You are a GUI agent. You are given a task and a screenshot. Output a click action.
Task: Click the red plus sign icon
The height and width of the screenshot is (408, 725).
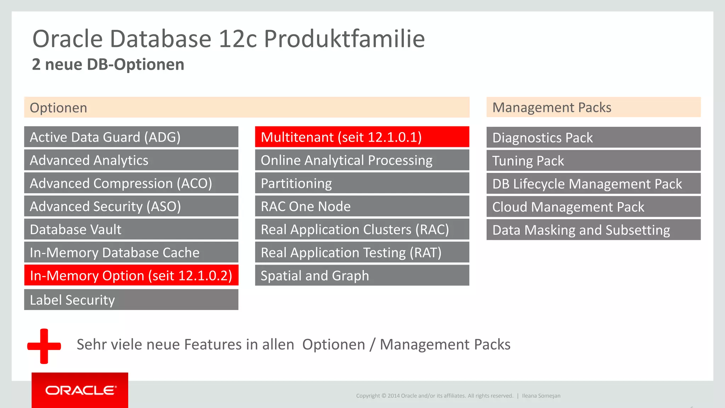point(44,346)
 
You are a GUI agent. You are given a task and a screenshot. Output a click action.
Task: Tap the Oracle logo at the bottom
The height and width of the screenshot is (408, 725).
point(80,390)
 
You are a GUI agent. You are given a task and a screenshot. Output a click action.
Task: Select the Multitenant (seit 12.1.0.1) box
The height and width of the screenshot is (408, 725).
point(362,137)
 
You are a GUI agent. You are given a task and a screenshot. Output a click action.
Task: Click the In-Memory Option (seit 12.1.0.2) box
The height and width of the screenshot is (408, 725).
point(131,276)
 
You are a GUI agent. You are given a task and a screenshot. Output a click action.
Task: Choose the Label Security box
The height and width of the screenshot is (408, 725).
point(131,300)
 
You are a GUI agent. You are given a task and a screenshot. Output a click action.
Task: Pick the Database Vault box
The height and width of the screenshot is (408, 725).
point(131,229)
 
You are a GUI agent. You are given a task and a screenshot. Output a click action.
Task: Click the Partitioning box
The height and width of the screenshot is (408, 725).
point(362,183)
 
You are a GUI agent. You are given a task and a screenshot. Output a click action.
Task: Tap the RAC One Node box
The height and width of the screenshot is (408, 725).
point(362,206)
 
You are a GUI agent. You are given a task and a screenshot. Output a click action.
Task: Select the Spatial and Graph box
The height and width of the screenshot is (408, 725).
point(362,276)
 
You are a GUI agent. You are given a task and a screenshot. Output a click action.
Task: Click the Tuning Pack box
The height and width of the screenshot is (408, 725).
point(593,161)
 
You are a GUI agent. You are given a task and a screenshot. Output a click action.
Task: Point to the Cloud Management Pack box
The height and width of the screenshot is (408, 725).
point(593,207)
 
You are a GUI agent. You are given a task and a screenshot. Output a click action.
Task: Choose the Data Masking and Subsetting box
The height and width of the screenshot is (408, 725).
point(593,230)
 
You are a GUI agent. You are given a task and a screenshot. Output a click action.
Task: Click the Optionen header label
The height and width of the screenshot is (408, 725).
point(58,108)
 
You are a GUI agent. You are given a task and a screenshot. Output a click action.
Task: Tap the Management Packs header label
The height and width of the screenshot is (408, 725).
point(552,107)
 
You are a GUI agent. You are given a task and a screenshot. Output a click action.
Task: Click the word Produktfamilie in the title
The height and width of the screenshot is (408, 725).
point(344,39)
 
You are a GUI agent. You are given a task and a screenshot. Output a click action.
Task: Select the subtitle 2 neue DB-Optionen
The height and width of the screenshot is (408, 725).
point(108,64)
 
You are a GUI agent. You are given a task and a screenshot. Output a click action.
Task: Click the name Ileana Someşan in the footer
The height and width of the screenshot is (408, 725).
point(541,396)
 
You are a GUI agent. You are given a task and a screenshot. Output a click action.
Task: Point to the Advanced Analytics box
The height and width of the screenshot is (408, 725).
point(131,160)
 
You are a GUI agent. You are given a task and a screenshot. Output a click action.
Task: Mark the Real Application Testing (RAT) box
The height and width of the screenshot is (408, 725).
point(362,253)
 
